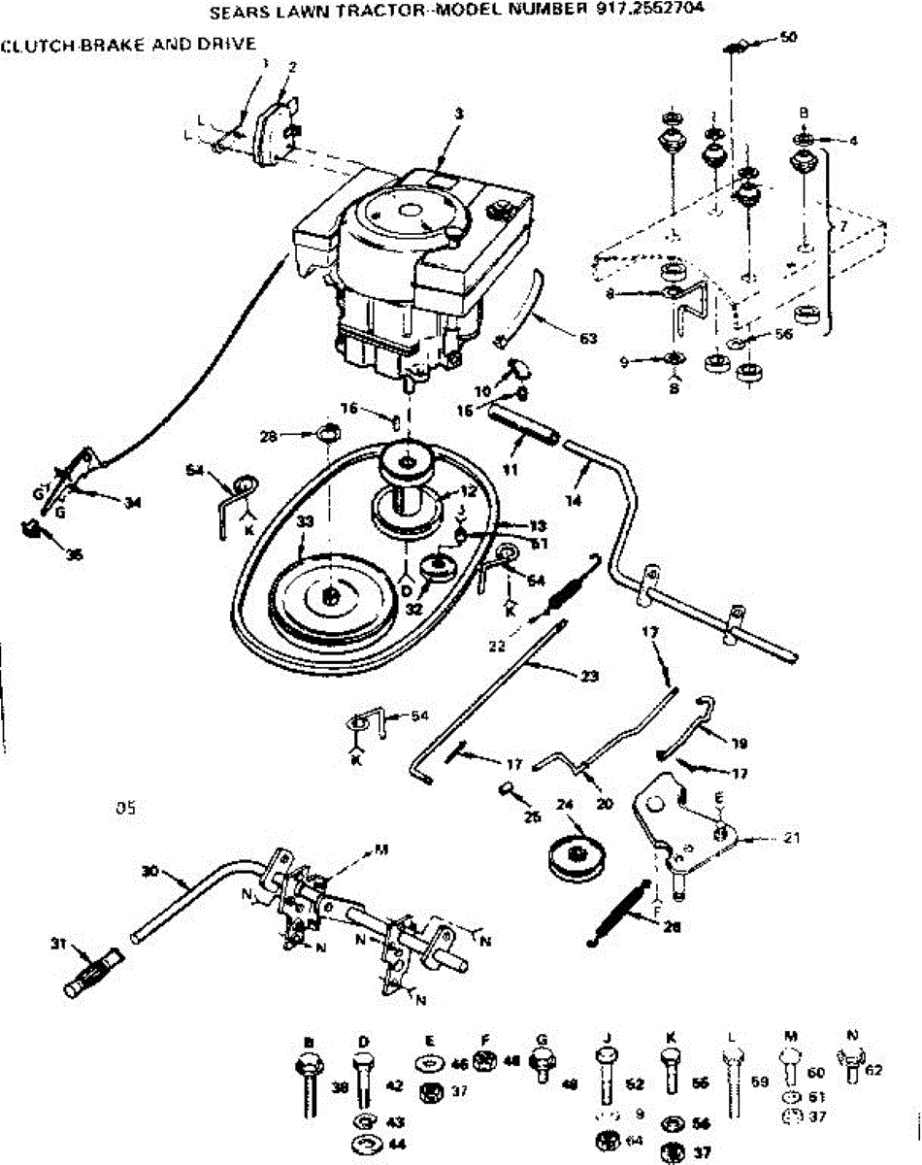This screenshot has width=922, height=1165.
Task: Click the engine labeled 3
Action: [412, 262]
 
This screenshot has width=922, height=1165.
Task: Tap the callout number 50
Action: [788, 37]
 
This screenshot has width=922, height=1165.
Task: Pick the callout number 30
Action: [148, 872]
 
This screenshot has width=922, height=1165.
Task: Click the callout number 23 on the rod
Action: [588, 676]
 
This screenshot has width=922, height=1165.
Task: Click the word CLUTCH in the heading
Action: [31, 44]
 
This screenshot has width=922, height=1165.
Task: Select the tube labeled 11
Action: [525, 427]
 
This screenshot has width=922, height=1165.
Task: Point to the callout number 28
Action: [295, 436]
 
